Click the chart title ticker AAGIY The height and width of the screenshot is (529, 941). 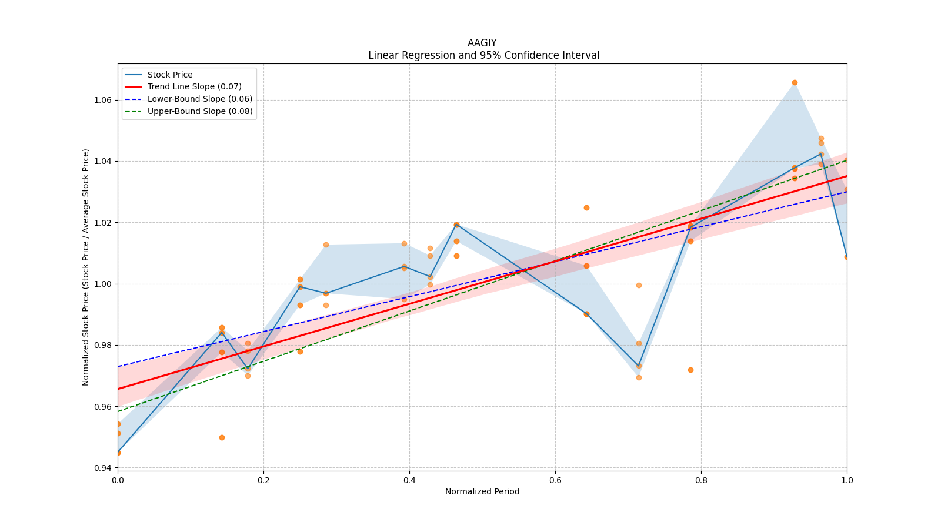(482, 43)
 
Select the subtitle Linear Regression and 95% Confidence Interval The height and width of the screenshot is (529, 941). (483, 55)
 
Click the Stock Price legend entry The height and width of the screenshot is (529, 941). (170, 75)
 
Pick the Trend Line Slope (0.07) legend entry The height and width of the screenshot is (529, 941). (194, 87)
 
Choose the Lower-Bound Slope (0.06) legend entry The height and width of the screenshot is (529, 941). (199, 99)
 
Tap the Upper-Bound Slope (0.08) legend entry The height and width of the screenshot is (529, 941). (200, 111)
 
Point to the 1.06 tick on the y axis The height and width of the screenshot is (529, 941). (103, 100)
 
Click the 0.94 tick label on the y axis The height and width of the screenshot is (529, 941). (103, 468)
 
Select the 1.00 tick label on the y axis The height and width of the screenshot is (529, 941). (103, 284)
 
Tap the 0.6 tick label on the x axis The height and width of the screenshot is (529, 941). (555, 480)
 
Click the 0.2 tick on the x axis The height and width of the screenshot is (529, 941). (263, 480)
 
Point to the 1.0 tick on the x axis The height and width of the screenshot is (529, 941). (847, 480)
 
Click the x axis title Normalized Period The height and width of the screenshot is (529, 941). (482, 491)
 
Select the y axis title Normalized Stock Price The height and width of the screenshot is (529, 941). (86, 267)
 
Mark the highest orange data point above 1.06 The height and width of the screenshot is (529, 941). (795, 82)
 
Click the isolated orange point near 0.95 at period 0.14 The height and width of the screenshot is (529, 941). (222, 437)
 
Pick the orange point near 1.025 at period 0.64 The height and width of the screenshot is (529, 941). (586, 207)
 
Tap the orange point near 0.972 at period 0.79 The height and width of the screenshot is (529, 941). (690, 370)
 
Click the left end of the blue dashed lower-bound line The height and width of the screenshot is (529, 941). (119, 366)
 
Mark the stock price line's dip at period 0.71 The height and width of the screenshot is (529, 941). (639, 366)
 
